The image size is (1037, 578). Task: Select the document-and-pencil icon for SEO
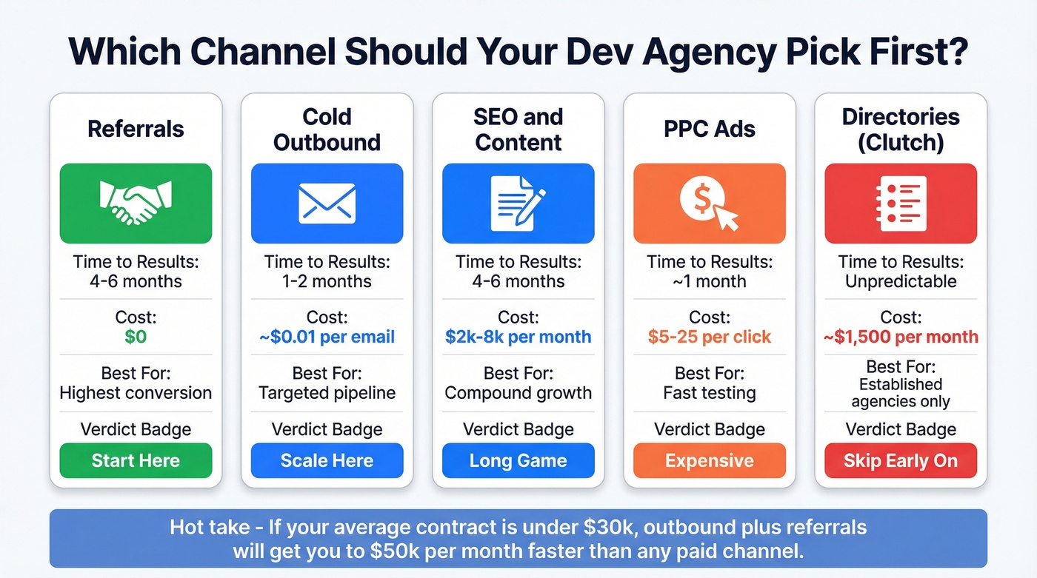(518, 204)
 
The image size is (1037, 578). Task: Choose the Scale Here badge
(327, 460)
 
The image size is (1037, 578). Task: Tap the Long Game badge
(518, 460)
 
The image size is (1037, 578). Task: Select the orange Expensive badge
(709, 460)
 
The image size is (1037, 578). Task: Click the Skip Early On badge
(900, 460)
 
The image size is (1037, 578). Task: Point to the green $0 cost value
(136, 337)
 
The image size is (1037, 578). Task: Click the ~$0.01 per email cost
(327, 337)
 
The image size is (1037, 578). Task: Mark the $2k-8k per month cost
(518, 337)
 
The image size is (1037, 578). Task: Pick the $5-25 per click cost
(709, 337)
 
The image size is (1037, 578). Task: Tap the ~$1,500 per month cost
(900, 337)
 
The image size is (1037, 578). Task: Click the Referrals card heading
(136, 129)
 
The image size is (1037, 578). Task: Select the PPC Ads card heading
(709, 129)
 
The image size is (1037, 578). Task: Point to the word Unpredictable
(900, 281)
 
